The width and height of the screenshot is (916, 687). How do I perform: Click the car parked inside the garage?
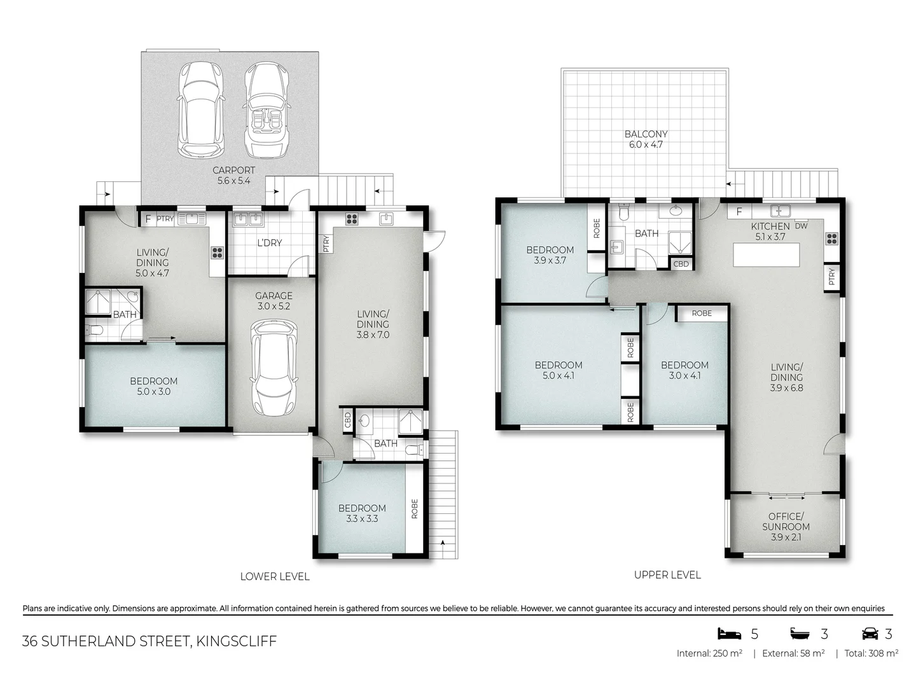point(274,368)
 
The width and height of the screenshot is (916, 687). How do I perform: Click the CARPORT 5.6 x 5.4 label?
point(233,176)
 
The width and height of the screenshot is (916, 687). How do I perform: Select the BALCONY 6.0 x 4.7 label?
point(646,139)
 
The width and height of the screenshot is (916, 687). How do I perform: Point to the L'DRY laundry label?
point(269,243)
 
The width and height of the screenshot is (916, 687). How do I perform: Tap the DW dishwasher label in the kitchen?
point(801,226)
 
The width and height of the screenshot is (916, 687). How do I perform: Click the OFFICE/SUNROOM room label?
point(786,526)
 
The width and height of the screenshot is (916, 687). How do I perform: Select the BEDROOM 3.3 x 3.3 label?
point(362,513)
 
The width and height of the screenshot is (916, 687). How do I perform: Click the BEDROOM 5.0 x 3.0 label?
point(153,386)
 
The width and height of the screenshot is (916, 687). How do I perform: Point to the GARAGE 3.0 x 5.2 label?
point(274,301)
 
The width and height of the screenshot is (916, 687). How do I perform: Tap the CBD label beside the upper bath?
point(681,264)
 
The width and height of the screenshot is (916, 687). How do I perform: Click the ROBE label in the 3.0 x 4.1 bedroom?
point(702,313)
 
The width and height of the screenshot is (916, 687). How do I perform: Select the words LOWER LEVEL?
point(275,576)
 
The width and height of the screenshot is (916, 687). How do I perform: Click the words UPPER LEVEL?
point(667,575)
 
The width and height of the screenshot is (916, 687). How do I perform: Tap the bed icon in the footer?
point(730,634)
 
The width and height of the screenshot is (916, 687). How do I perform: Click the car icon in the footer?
point(870,634)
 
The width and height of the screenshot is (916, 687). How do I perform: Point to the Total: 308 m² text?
point(871,653)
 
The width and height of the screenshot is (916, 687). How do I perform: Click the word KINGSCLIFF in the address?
point(237,641)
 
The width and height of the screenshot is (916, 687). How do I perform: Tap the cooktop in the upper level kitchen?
point(831,239)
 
